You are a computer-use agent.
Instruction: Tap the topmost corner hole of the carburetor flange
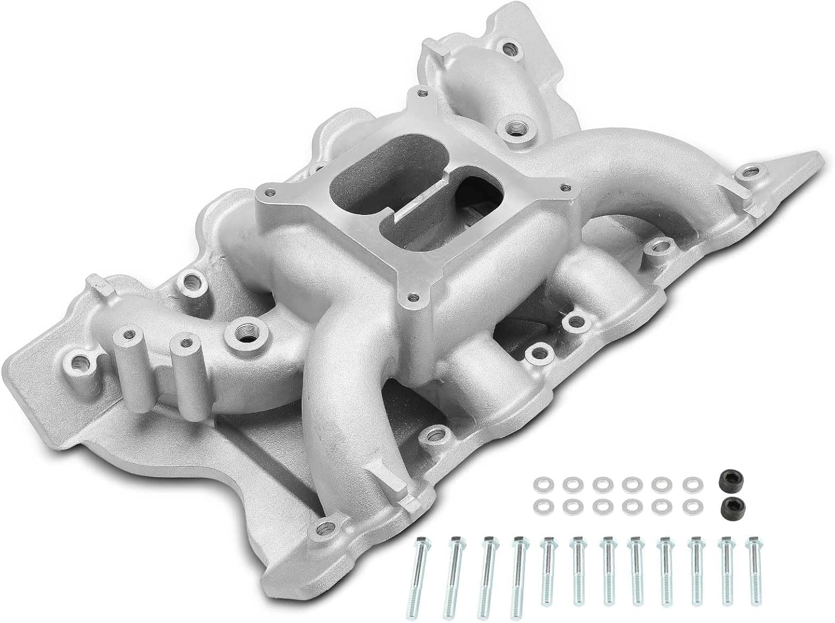[423, 94]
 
